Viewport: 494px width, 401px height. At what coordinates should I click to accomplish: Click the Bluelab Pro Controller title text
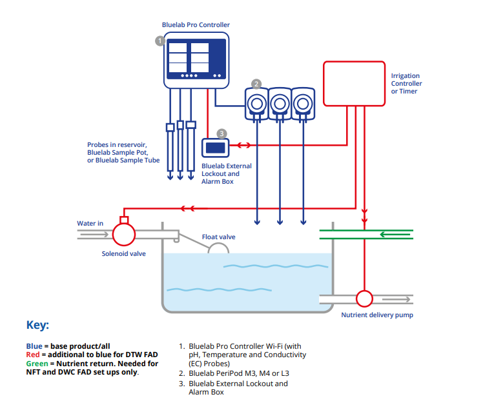pyautogui.click(x=196, y=25)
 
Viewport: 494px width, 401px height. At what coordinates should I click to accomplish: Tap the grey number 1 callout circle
pyautogui.click(x=160, y=41)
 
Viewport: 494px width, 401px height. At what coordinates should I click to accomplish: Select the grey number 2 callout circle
pyautogui.click(x=256, y=84)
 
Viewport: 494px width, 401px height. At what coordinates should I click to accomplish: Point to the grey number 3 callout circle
pyautogui.click(x=221, y=133)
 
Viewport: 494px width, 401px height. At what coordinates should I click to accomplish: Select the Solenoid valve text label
pyautogui.click(x=124, y=253)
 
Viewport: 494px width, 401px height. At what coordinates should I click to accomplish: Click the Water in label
pyautogui.click(x=90, y=224)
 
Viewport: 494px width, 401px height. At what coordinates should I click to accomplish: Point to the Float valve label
pyautogui.click(x=218, y=237)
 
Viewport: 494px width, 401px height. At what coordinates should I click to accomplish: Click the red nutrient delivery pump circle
pyautogui.click(x=365, y=298)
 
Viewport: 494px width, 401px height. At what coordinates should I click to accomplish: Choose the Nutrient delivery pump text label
pyautogui.click(x=377, y=315)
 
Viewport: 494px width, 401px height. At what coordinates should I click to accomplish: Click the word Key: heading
pyautogui.click(x=37, y=325)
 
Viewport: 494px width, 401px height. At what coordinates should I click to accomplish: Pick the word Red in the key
pyautogui.click(x=32, y=355)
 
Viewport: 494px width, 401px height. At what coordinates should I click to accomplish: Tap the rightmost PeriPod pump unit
pyautogui.click(x=302, y=104)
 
